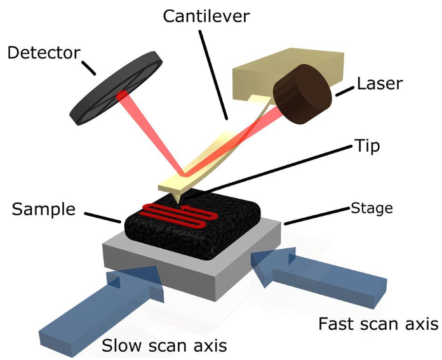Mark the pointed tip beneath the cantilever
tap(177, 202)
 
